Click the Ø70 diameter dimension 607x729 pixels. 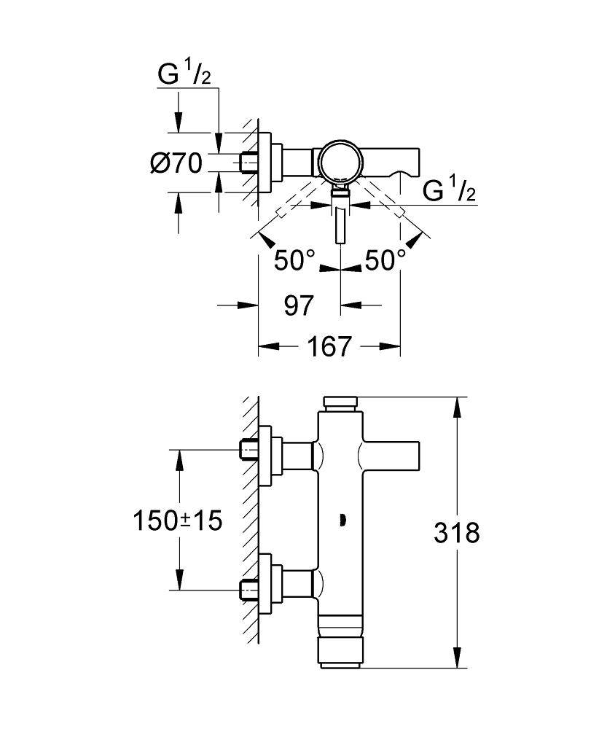[176, 163]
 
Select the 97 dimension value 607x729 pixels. [299, 305]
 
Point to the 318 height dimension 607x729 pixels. [457, 533]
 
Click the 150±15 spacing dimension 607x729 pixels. [177, 521]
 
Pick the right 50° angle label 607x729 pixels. [385, 260]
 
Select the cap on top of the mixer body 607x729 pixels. [341, 402]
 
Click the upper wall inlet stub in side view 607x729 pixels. [250, 452]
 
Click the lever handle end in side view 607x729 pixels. [412, 456]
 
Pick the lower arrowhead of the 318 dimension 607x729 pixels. [457, 659]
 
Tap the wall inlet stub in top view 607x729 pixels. [250, 161]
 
